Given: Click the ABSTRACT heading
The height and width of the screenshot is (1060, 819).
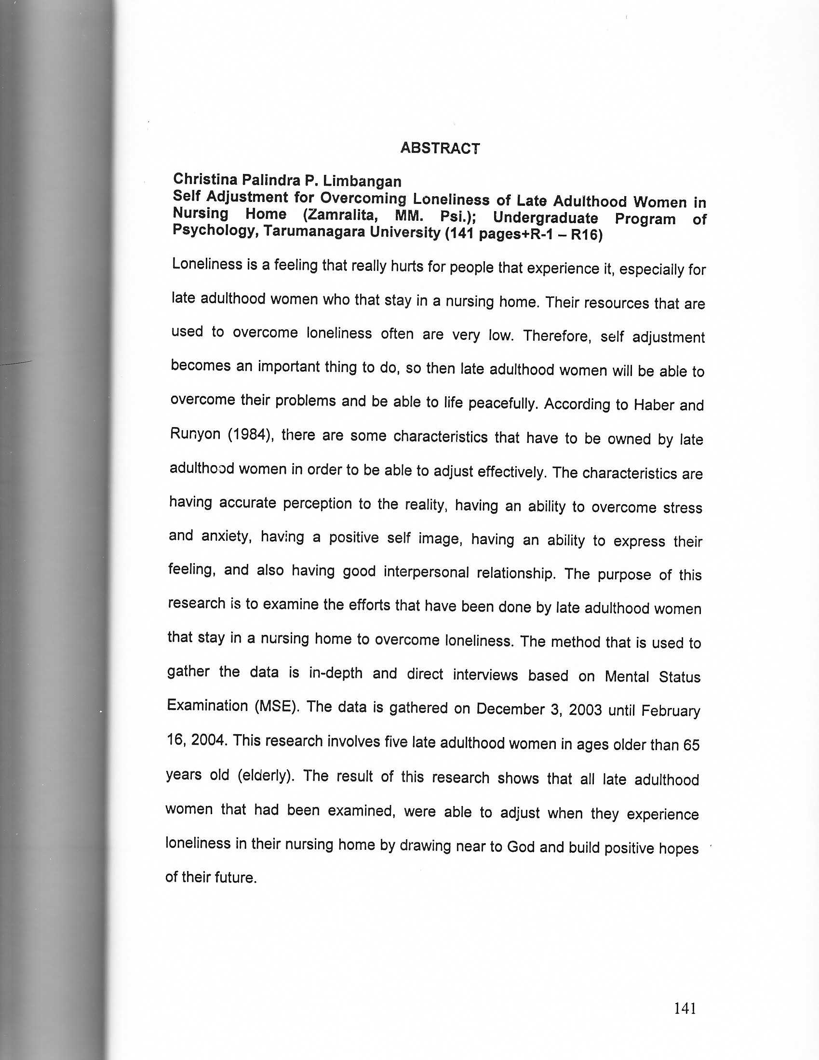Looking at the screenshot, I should [440, 148].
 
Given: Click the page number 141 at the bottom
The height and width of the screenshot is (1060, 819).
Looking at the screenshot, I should [685, 1008].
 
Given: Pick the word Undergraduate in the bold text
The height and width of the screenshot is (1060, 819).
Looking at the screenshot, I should [545, 218].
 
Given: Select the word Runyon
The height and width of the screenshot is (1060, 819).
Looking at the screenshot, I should [195, 434].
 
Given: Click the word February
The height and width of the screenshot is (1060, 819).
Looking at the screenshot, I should [671, 711].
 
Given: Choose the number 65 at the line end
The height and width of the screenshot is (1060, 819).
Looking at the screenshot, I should [691, 745].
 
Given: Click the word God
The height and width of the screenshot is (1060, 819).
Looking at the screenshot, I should [521, 846].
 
